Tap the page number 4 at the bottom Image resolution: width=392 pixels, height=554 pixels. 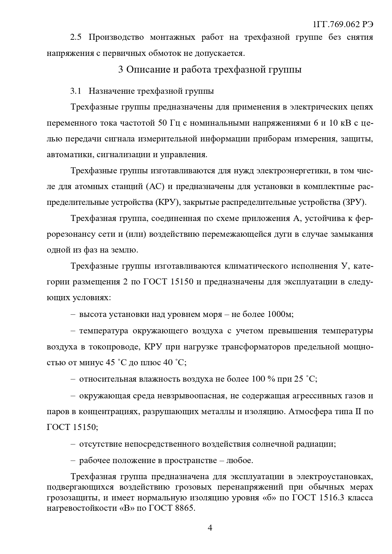210,528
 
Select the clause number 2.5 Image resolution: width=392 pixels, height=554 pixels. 76,37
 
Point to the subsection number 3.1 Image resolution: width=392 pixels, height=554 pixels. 76,91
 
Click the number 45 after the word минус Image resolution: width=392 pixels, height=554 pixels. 110,362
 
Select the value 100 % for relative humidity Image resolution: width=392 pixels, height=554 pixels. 263,379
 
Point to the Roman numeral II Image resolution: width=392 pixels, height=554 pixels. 358,412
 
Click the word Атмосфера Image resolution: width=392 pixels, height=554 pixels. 310,412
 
